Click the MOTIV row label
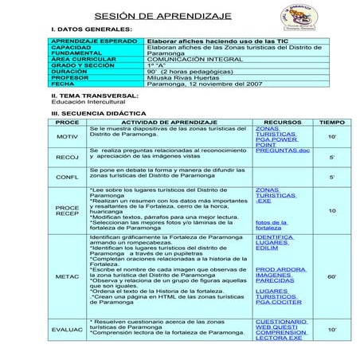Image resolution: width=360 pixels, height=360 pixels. pyautogui.click(x=67, y=137)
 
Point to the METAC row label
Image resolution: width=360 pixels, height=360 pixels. pyautogui.click(x=67, y=276)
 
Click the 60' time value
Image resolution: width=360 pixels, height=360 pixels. pyautogui.click(x=331, y=276)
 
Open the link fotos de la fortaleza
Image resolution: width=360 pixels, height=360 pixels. pyautogui.click(x=271, y=225)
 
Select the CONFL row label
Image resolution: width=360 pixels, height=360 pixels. pyautogui.click(x=67, y=177)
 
